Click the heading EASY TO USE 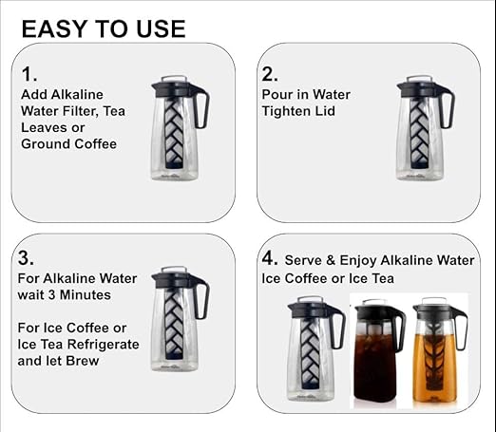104,28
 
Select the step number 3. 26,258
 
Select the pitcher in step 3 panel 176,317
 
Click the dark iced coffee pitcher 377,353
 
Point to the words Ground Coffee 69,143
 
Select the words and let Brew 61,361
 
